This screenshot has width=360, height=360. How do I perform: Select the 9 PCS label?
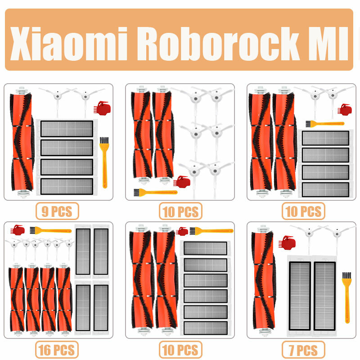point(57,211)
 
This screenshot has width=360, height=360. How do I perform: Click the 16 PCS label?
point(57,350)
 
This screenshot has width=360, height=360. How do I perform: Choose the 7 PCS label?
point(303,350)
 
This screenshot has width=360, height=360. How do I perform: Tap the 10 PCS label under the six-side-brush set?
point(180,211)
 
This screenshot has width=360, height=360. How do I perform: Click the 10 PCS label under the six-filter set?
point(180,350)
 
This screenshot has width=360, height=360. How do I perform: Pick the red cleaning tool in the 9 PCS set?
point(101,108)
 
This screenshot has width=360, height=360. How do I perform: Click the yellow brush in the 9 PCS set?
point(104,162)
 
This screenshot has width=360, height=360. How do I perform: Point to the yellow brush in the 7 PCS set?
point(346,297)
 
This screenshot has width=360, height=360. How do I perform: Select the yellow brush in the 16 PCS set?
point(49,230)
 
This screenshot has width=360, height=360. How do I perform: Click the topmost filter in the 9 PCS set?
point(67,128)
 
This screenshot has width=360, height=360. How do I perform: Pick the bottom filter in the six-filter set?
point(206,327)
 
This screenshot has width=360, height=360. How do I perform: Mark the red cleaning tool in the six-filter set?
point(182,231)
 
